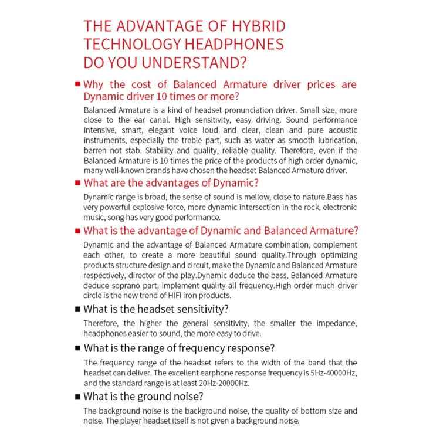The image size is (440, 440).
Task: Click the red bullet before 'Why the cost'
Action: pyautogui.click(x=77, y=84)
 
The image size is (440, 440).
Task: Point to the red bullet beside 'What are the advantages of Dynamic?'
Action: pyautogui.click(x=77, y=182)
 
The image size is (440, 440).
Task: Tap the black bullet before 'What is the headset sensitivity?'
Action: pyautogui.click(x=77, y=309)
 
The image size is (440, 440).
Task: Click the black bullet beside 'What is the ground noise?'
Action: pyautogui.click(x=77, y=397)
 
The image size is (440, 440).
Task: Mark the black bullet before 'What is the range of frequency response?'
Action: pyautogui.click(x=77, y=348)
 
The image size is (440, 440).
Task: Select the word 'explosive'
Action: pyautogui.click(x=157, y=207)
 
